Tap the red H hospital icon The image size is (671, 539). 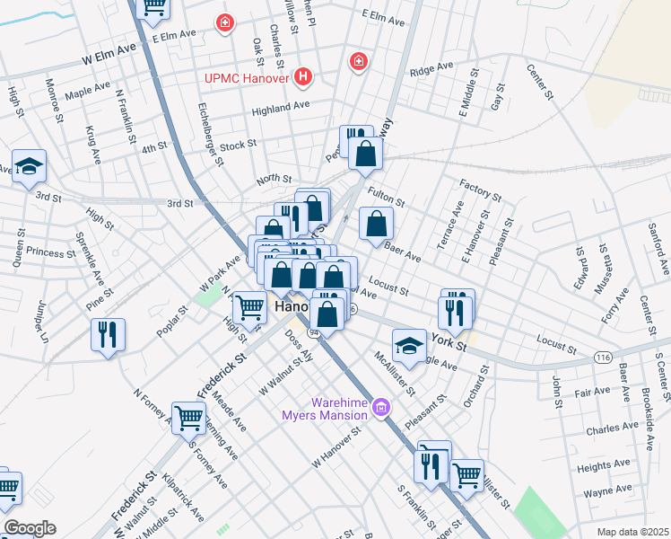(303, 77)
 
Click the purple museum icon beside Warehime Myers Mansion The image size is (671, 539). (380, 410)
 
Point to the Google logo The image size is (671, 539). (29, 528)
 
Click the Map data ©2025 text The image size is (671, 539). (632, 532)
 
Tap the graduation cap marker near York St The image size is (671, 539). (408, 346)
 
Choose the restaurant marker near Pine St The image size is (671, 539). (108, 334)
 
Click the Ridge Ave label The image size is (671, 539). (431, 69)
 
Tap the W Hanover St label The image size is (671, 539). (336, 446)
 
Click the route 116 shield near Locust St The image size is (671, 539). (603, 358)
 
